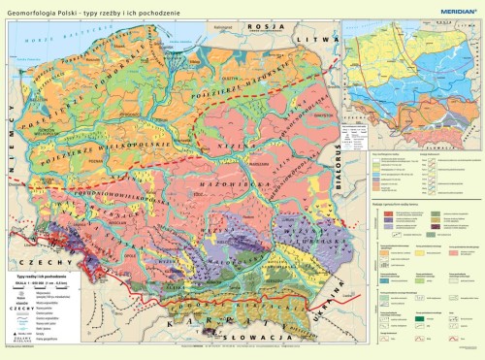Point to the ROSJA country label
[x=260, y=27]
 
